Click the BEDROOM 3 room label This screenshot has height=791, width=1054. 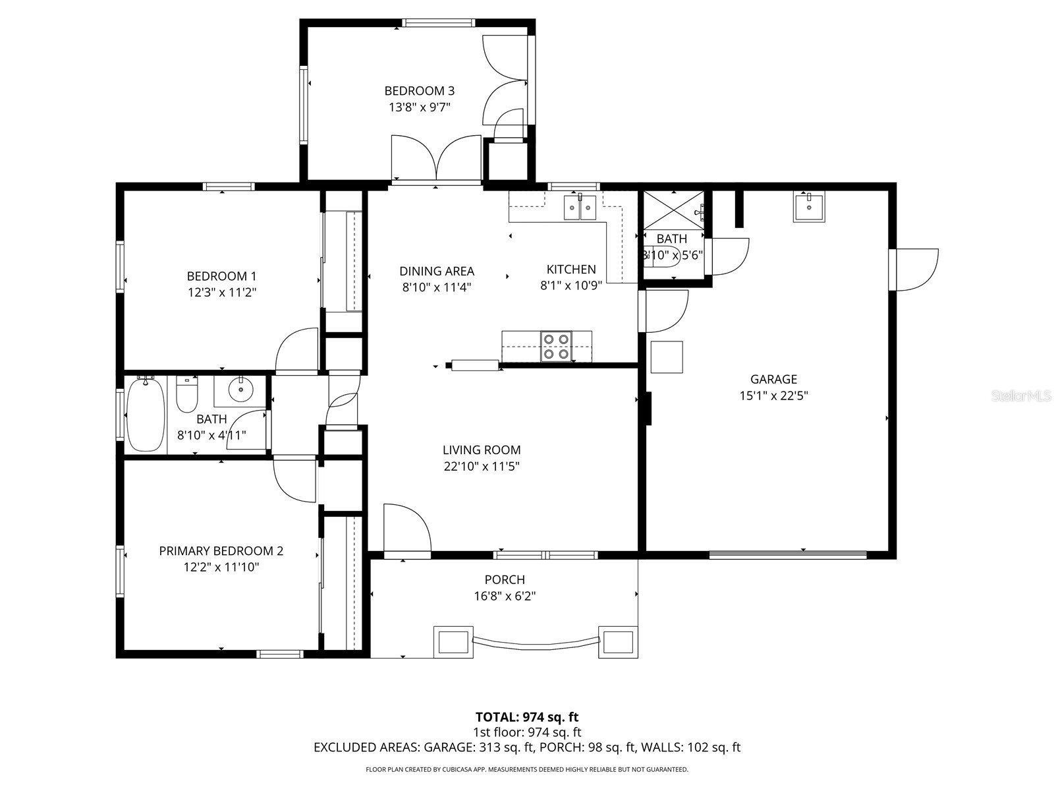coord(419,91)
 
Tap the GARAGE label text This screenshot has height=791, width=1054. coord(773,379)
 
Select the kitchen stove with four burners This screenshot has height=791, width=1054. coord(555,347)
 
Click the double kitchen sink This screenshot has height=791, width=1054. coord(580,207)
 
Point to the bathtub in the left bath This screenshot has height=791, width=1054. coord(146,415)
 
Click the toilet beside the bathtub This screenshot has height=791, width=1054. coord(187,394)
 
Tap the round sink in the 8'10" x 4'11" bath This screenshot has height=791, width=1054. coord(240,390)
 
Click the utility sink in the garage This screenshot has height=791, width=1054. coord(808,207)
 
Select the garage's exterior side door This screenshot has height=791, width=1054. coord(913,269)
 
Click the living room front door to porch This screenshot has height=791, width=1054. coord(406,530)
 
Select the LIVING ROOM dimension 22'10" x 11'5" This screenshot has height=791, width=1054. coord(482,467)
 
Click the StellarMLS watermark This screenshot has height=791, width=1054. coord(1020,396)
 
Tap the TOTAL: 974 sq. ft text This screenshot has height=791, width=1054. coord(527,717)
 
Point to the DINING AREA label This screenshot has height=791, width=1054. coord(437,271)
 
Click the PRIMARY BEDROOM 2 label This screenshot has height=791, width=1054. coord(221,550)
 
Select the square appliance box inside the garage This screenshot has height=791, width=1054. coord(667,357)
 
